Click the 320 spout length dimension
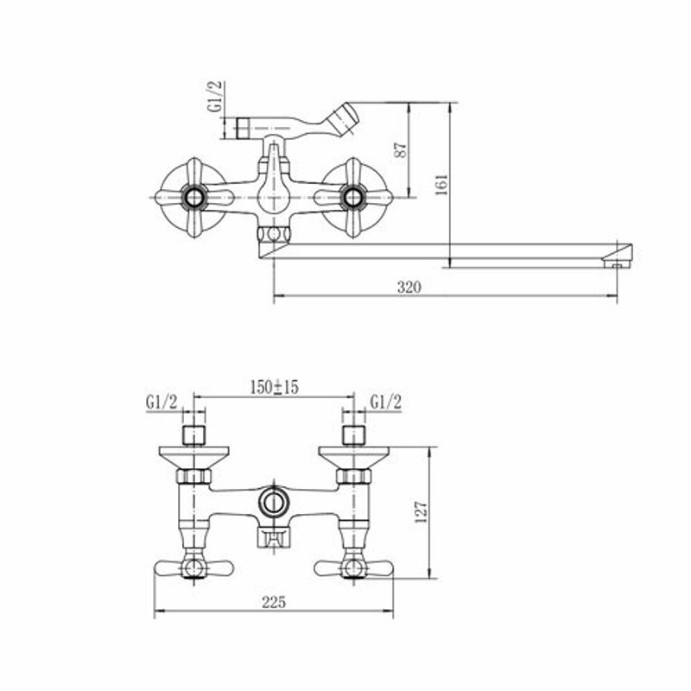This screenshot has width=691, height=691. tap(409, 287)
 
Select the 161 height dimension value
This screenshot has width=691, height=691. tap(441, 185)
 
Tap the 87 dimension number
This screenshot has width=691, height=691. tap(401, 149)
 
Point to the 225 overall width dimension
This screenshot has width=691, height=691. tap(274, 601)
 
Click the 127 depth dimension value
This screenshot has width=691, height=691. tap(421, 511)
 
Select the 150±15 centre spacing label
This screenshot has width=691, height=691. tap(274, 387)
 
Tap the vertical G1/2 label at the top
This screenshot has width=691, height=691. tap(216, 97)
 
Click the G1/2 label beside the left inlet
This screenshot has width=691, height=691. tap(162, 402)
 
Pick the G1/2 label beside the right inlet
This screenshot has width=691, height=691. tap(386, 402)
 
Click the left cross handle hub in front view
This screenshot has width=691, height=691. tap(194, 198)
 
